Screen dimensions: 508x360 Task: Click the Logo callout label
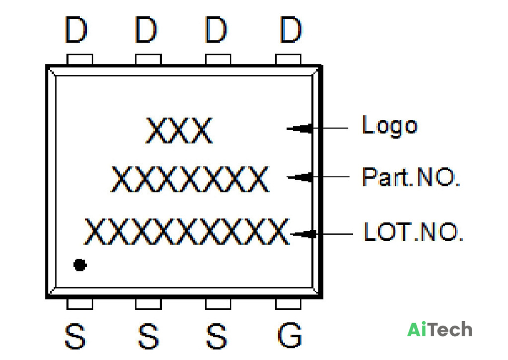390,126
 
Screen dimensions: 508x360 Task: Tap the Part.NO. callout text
411,177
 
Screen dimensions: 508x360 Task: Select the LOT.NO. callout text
413,231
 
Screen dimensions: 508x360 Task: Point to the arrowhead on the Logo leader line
300,129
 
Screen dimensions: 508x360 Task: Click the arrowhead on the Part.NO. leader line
300,177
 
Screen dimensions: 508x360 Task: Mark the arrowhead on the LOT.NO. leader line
303,234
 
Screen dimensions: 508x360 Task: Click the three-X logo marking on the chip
179,131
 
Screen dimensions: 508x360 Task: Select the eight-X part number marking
190,179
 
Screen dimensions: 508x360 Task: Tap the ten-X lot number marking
187,231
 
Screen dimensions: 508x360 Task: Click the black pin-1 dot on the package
80,265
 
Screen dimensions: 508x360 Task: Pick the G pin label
290,335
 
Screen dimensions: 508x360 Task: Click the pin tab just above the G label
288,304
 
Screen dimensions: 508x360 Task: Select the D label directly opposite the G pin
290,30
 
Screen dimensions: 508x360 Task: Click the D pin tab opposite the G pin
288,60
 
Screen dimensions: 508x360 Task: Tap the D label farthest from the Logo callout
76,30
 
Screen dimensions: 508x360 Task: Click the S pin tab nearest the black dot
80,304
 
